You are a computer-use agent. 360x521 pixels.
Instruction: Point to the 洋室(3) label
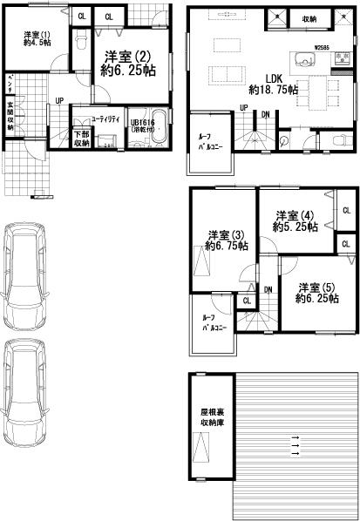226,234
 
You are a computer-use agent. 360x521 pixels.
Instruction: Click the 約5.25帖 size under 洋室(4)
294,227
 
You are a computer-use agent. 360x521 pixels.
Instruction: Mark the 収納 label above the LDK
309,18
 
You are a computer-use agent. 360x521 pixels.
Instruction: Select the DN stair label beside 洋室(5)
268,289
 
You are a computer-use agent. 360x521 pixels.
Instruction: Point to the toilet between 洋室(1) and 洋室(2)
80,40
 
